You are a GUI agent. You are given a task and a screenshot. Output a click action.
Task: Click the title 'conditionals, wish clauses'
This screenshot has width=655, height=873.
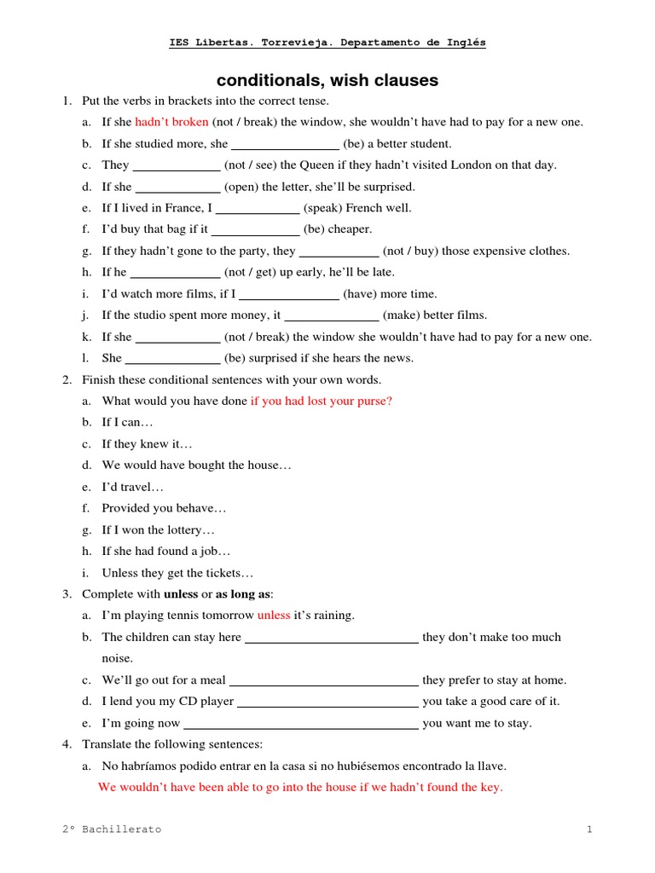tap(327, 81)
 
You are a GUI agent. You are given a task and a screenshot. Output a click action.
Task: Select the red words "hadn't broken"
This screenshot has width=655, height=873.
tap(171, 122)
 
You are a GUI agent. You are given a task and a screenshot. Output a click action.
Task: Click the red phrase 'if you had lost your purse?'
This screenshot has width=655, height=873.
tap(321, 401)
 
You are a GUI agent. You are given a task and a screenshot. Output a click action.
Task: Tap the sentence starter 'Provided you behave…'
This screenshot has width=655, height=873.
tap(164, 508)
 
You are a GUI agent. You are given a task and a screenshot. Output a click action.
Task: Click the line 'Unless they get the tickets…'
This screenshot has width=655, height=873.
tap(177, 573)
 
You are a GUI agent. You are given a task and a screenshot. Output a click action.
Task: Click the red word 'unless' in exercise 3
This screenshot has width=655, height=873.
tap(274, 616)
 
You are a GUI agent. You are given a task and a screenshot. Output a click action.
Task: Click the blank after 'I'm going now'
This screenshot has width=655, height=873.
tap(301, 724)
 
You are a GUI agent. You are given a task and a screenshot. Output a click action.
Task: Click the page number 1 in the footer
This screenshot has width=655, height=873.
tap(588, 829)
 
